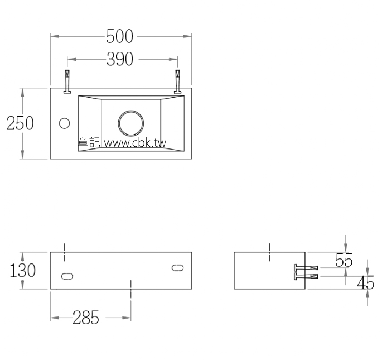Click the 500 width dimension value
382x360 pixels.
pos(120,37)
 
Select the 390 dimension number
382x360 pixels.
pos(120,59)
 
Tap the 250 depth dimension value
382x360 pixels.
pos(20,123)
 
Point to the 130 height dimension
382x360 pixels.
pos(23,271)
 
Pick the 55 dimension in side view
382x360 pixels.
pos(344,260)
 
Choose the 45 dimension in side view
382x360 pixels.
pos(365,283)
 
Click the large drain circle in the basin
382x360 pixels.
pos(131,123)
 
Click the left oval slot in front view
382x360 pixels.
pos(67,276)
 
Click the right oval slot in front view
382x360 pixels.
pos(177,268)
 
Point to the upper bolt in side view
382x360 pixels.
pos(307,267)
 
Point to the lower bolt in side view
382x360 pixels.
pos(307,275)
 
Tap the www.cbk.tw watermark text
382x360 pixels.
pos(136,143)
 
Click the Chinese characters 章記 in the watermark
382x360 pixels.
pos(88,143)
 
